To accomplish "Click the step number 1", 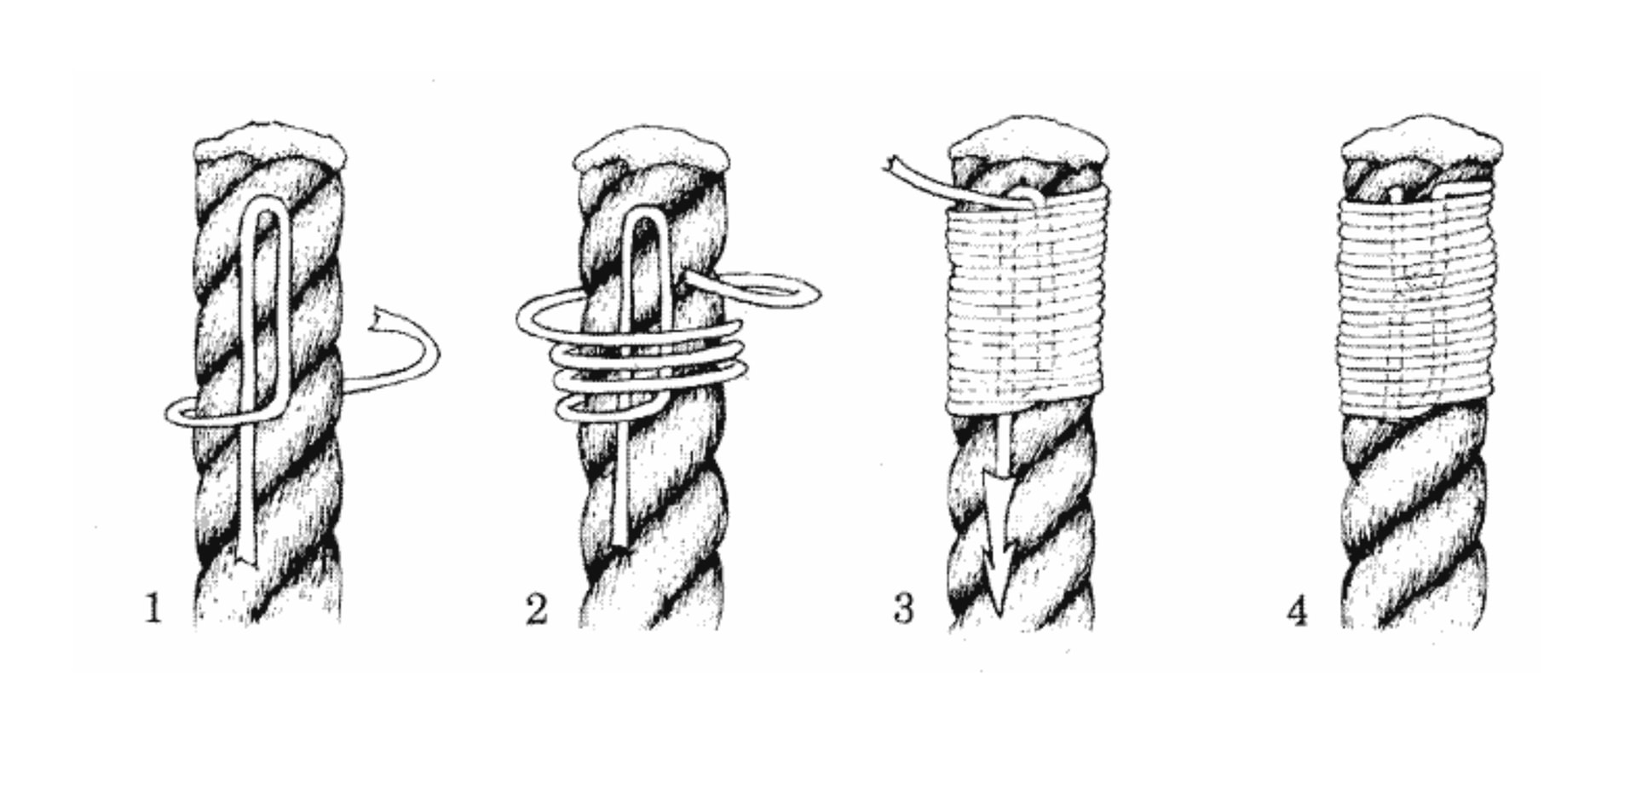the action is [x=153, y=609].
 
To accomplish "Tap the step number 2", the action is [x=537, y=609].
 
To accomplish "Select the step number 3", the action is [x=904, y=609].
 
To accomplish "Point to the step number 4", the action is [x=1297, y=611].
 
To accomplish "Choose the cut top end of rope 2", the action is [x=651, y=148].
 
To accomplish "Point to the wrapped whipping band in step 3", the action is [x=1026, y=302].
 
